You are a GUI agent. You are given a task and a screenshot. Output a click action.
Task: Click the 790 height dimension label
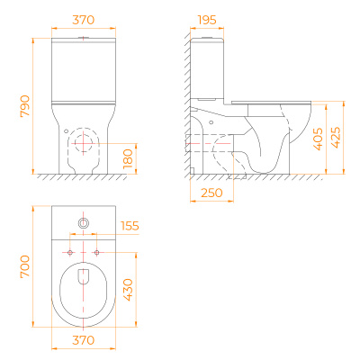[25, 106]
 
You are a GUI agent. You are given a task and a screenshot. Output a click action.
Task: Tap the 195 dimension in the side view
[207, 20]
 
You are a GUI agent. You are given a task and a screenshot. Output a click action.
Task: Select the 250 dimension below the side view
[211, 193]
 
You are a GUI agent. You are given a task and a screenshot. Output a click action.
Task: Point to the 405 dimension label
[318, 139]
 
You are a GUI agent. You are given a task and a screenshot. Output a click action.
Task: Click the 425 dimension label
[336, 138]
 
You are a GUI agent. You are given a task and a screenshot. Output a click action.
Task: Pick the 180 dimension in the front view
[128, 158]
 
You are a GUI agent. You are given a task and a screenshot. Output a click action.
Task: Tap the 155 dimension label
[130, 226]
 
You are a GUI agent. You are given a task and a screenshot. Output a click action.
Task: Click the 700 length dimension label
[25, 266]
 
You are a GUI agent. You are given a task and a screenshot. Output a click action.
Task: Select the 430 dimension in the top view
[128, 290]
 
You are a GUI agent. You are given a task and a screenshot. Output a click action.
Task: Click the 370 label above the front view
[84, 20]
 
